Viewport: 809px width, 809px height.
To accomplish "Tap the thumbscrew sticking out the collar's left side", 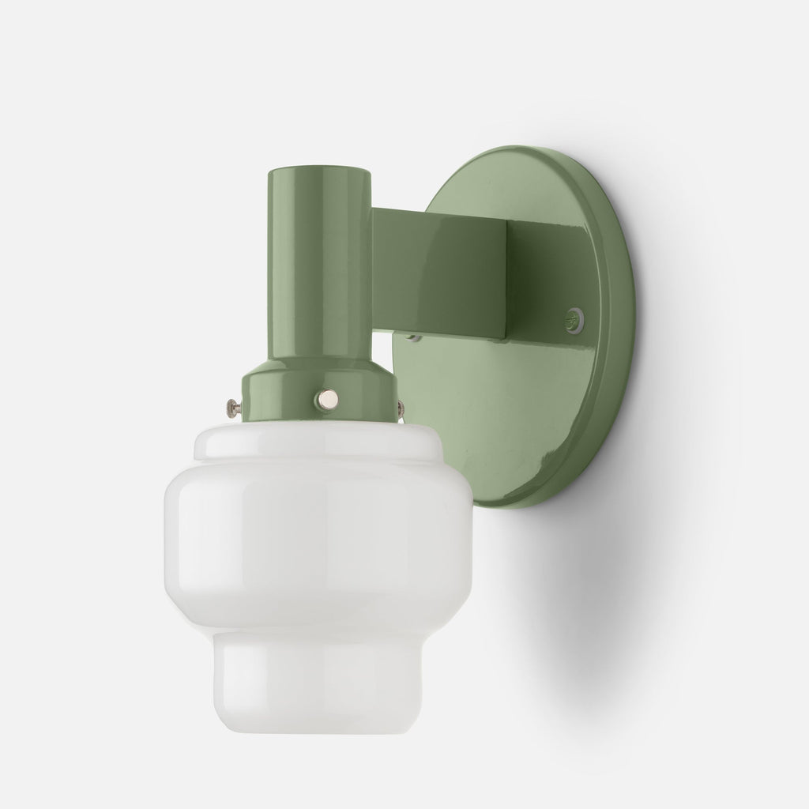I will click(x=231, y=407).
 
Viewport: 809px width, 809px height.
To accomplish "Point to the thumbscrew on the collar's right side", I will click(x=401, y=408).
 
